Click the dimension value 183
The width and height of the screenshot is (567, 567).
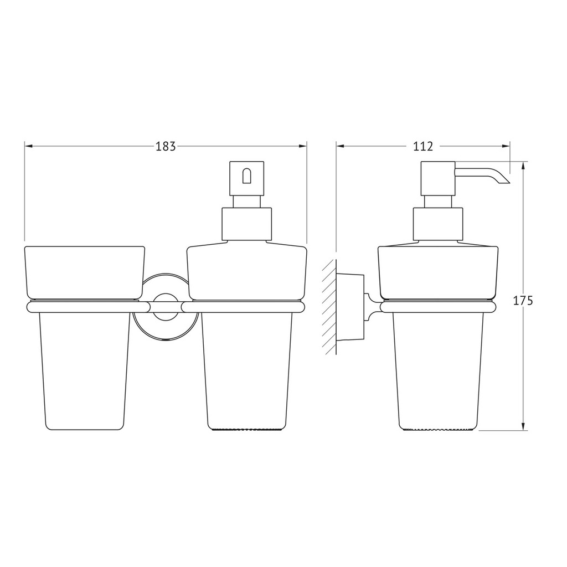click(166, 146)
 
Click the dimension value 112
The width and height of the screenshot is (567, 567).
click(422, 146)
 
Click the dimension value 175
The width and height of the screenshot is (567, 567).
click(523, 301)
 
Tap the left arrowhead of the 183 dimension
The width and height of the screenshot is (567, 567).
click(29, 146)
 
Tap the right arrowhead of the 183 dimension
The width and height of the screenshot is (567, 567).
click(302, 146)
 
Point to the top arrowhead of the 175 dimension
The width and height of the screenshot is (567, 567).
click(523, 166)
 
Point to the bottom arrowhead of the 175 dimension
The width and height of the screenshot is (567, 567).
click(523, 426)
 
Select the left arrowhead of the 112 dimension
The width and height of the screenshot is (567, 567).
click(341, 146)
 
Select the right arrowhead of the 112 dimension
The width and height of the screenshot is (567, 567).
click(506, 146)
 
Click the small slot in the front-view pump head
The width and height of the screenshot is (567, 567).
click(246, 176)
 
